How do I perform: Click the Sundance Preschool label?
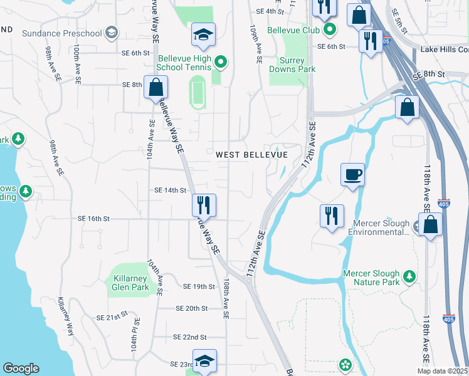tap(61, 32)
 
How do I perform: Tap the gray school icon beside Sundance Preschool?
tap(112, 32)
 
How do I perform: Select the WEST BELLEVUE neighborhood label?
tap(251, 155)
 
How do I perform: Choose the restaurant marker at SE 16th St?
tap(204, 205)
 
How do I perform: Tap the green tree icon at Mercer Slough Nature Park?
tap(409, 276)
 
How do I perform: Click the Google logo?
tap(21, 368)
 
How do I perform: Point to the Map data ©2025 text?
tap(442, 371)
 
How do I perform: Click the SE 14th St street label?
tap(171, 190)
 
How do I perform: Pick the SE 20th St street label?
tap(192, 308)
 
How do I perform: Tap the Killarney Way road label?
tap(66, 316)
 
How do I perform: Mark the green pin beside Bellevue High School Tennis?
tap(220, 61)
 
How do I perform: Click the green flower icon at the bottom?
tap(345, 364)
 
